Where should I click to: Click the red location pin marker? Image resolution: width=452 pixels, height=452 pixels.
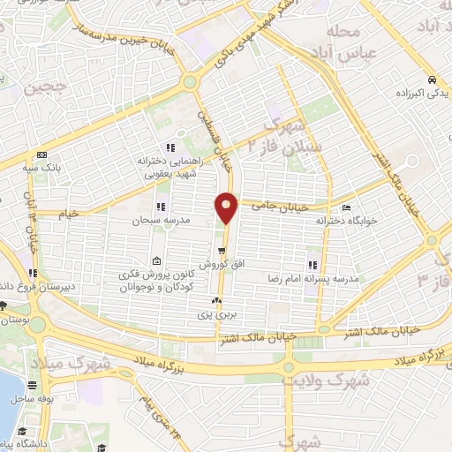pos(226,207)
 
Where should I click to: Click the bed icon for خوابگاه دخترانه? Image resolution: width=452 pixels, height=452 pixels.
pos(345,205)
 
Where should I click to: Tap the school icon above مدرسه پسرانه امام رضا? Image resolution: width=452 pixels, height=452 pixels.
pos(312,264)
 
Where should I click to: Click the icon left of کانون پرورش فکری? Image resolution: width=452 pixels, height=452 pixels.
pos(156,260)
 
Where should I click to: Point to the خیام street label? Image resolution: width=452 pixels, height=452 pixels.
pos(69,214)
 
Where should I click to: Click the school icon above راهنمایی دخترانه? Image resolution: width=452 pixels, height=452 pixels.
pos(171,147)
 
